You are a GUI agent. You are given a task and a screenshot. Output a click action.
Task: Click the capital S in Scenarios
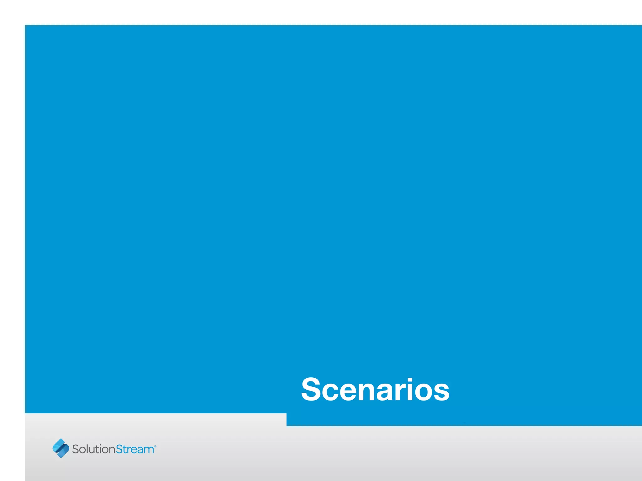click(311, 389)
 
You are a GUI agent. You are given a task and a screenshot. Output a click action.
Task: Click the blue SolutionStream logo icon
click(61, 448)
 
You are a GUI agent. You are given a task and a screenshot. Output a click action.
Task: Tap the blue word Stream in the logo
click(135, 449)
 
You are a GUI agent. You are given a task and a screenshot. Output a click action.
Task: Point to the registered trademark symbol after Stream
click(155, 446)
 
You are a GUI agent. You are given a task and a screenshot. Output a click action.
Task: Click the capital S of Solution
click(76, 449)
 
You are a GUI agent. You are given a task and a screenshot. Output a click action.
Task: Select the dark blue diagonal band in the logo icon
click(61, 448)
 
